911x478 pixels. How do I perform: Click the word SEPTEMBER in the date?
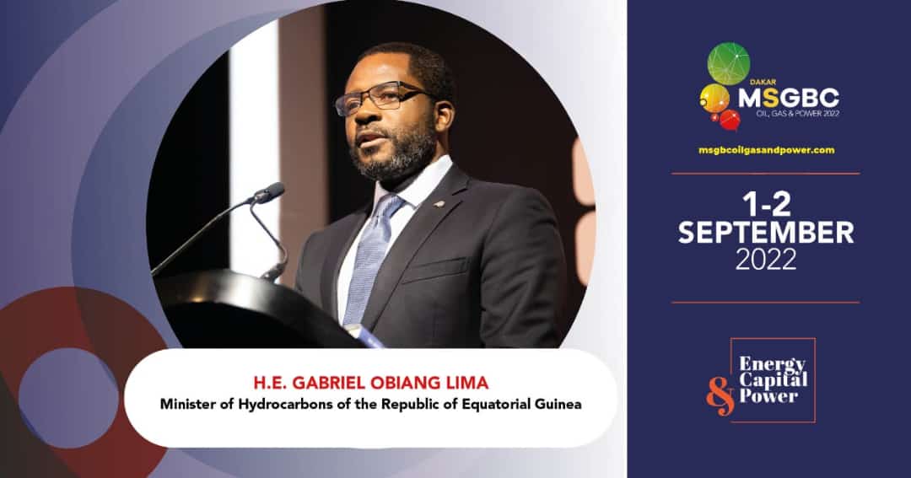(x=766, y=233)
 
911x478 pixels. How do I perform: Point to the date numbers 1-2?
(x=766, y=205)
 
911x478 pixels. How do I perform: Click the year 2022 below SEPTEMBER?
(x=766, y=260)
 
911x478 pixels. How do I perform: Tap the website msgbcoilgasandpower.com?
(x=766, y=150)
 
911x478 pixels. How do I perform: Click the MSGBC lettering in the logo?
(x=789, y=98)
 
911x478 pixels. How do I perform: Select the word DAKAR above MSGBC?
(x=763, y=83)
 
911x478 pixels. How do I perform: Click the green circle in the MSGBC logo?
(x=729, y=64)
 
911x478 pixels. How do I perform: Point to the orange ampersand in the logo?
(x=721, y=395)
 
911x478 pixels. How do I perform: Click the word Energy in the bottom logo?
(x=772, y=365)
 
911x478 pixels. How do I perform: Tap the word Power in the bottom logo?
(x=768, y=396)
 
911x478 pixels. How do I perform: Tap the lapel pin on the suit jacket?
(x=440, y=203)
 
